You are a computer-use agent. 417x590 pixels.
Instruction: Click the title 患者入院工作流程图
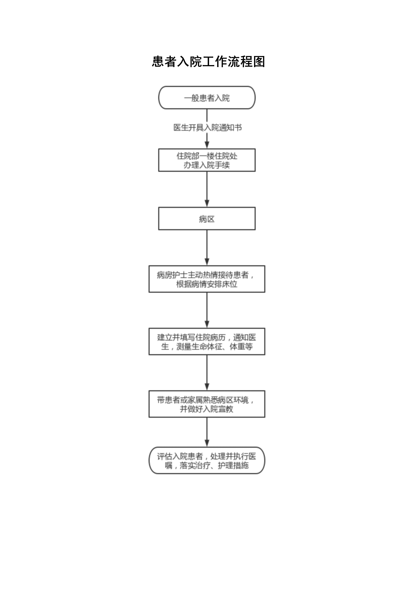pyautogui.click(x=208, y=62)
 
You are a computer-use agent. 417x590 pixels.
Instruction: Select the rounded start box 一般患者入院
pyautogui.click(x=207, y=98)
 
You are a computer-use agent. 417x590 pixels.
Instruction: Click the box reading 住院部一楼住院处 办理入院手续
pyautogui.click(x=207, y=160)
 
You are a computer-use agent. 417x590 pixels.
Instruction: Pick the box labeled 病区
pyautogui.click(x=207, y=218)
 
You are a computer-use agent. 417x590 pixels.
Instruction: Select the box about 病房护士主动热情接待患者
pyautogui.click(x=207, y=279)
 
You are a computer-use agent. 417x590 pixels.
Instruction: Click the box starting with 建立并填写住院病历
pyautogui.click(x=207, y=341)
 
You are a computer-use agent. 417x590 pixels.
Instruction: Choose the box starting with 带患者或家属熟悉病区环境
pyautogui.click(x=207, y=404)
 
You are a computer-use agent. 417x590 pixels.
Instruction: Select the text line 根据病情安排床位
pyautogui.click(x=207, y=284)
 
